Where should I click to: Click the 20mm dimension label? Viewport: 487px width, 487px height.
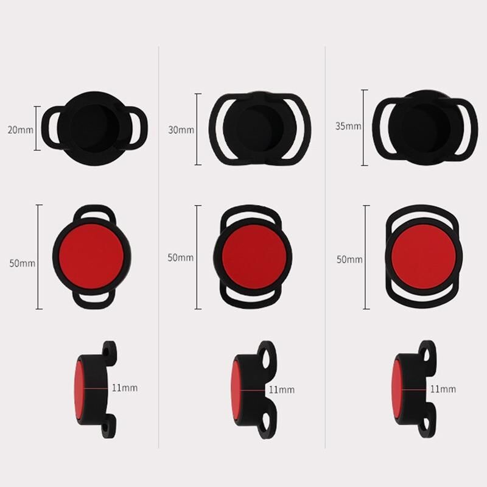click(21, 130)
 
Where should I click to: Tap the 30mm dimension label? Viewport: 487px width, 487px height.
click(181, 130)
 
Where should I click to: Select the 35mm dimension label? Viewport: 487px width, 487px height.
click(348, 126)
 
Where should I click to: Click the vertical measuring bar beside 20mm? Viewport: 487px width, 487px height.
click(37, 128)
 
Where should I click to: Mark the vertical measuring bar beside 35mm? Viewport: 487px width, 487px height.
click(365, 128)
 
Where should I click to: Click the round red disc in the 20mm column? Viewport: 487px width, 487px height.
click(91, 256)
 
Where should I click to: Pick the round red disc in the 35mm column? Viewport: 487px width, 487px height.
click(424, 256)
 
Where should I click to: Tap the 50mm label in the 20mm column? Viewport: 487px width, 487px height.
click(22, 263)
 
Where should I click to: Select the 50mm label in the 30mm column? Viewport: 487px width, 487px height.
click(180, 258)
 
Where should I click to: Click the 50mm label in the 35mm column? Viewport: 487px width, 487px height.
click(349, 259)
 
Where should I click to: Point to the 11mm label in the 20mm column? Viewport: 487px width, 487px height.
click(125, 388)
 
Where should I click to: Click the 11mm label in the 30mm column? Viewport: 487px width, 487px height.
click(282, 390)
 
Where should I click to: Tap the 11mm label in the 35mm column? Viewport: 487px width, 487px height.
click(443, 389)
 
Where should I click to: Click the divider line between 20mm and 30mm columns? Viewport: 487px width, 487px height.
click(159, 247)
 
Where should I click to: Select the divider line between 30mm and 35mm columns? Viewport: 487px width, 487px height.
click(325, 247)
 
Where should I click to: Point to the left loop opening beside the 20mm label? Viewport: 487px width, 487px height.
click(55, 128)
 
